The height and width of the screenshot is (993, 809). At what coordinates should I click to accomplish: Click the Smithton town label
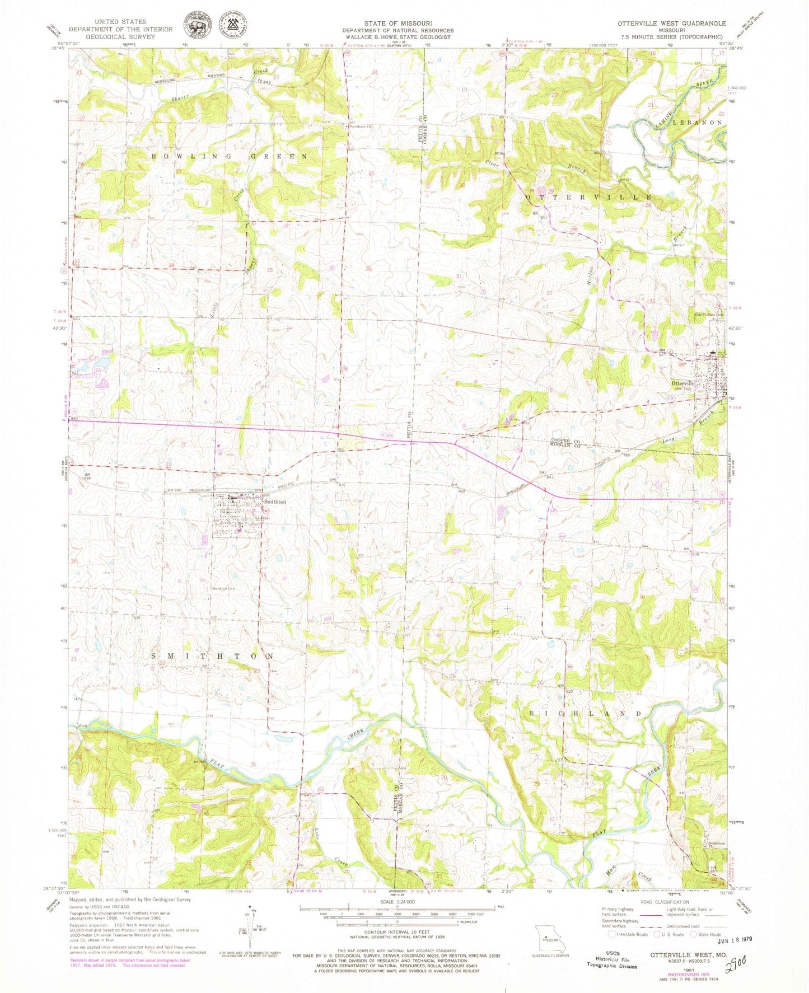point(274,502)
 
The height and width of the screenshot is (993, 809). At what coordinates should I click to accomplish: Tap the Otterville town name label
point(682,383)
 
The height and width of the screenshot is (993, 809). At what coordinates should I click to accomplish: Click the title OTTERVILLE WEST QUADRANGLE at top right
point(671,24)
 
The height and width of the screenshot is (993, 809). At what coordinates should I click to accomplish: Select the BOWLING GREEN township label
point(230,157)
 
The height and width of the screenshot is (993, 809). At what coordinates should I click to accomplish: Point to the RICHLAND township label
point(586,714)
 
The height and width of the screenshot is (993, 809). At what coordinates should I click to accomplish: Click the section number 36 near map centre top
point(368,269)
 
